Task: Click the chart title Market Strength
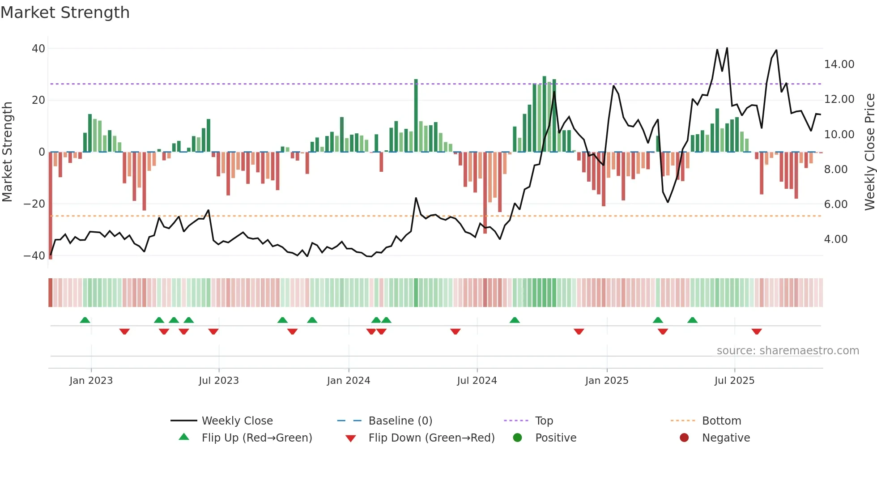click(x=65, y=13)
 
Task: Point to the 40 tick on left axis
click(x=38, y=48)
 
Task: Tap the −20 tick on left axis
click(x=34, y=204)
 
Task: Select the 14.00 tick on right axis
click(x=839, y=64)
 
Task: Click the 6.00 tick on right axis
click(x=835, y=204)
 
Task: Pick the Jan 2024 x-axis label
click(x=349, y=381)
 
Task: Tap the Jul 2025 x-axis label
click(x=734, y=381)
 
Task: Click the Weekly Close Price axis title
click(x=869, y=152)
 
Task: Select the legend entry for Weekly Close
click(x=237, y=421)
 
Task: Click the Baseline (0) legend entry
click(x=400, y=421)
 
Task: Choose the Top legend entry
click(x=544, y=421)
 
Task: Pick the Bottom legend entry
click(x=721, y=421)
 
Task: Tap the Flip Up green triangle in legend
click(x=184, y=437)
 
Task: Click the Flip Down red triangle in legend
click(x=351, y=438)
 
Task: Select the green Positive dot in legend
click(x=518, y=438)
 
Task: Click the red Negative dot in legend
click(x=684, y=438)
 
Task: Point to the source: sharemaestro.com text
click(x=788, y=351)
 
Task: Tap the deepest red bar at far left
click(x=51, y=206)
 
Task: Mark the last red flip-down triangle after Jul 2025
click(x=757, y=331)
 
